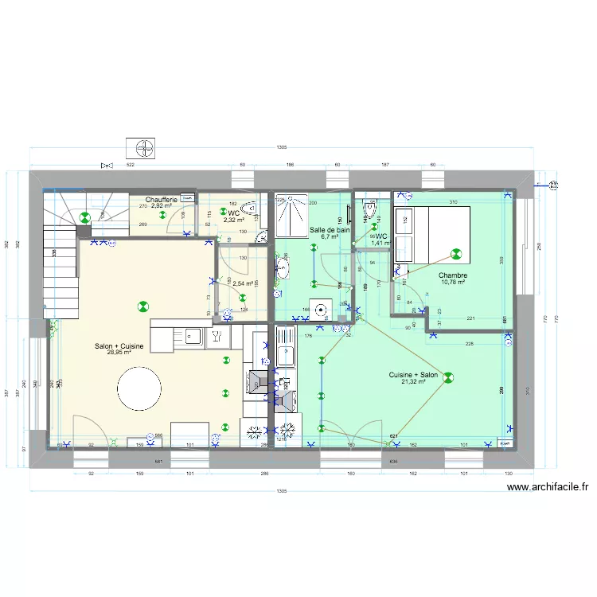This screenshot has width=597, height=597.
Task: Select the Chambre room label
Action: click(x=453, y=276)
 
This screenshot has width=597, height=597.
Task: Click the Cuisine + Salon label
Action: click(x=413, y=377)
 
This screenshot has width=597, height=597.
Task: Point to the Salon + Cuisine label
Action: click(x=119, y=347)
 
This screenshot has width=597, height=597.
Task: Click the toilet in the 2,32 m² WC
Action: click(x=250, y=211)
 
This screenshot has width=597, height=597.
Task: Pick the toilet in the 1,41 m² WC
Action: click(x=369, y=211)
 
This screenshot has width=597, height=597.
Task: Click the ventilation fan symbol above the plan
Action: click(x=142, y=148)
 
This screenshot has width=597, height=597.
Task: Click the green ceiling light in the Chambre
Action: click(x=456, y=255)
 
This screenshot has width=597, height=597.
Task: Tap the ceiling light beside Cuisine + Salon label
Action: click(x=448, y=379)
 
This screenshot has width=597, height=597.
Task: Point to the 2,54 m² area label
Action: click(x=242, y=283)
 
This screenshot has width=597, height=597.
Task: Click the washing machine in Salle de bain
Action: click(x=322, y=310)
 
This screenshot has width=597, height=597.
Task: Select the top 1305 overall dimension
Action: click(x=282, y=148)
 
